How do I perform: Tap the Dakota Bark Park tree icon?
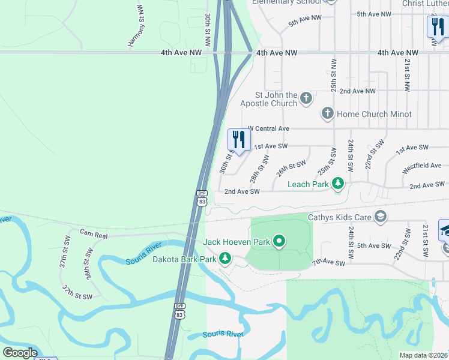pos(225,259)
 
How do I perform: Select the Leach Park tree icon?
pos(338,184)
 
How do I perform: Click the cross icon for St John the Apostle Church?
pos(306,98)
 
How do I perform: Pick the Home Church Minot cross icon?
pos(327,113)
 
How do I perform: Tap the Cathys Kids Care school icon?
pos(379,217)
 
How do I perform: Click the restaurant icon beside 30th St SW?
pos(239,140)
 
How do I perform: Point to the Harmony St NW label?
pos(136,26)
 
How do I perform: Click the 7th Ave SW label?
pos(328,263)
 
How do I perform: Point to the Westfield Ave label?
pos(421,166)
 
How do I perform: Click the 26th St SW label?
pos(291,168)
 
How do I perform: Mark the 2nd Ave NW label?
pos(357,91)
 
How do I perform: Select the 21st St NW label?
pos(406,74)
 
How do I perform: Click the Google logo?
pos(20,353)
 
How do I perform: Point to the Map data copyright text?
pos(423,355)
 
